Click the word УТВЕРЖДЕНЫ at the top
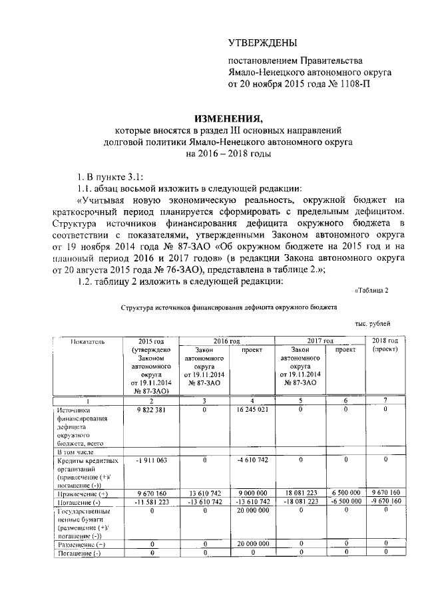tap(262, 43)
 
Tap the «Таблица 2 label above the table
tap(370, 289)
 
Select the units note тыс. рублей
tap(372, 323)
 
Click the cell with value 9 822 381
tap(145, 410)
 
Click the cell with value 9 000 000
tap(252, 493)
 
